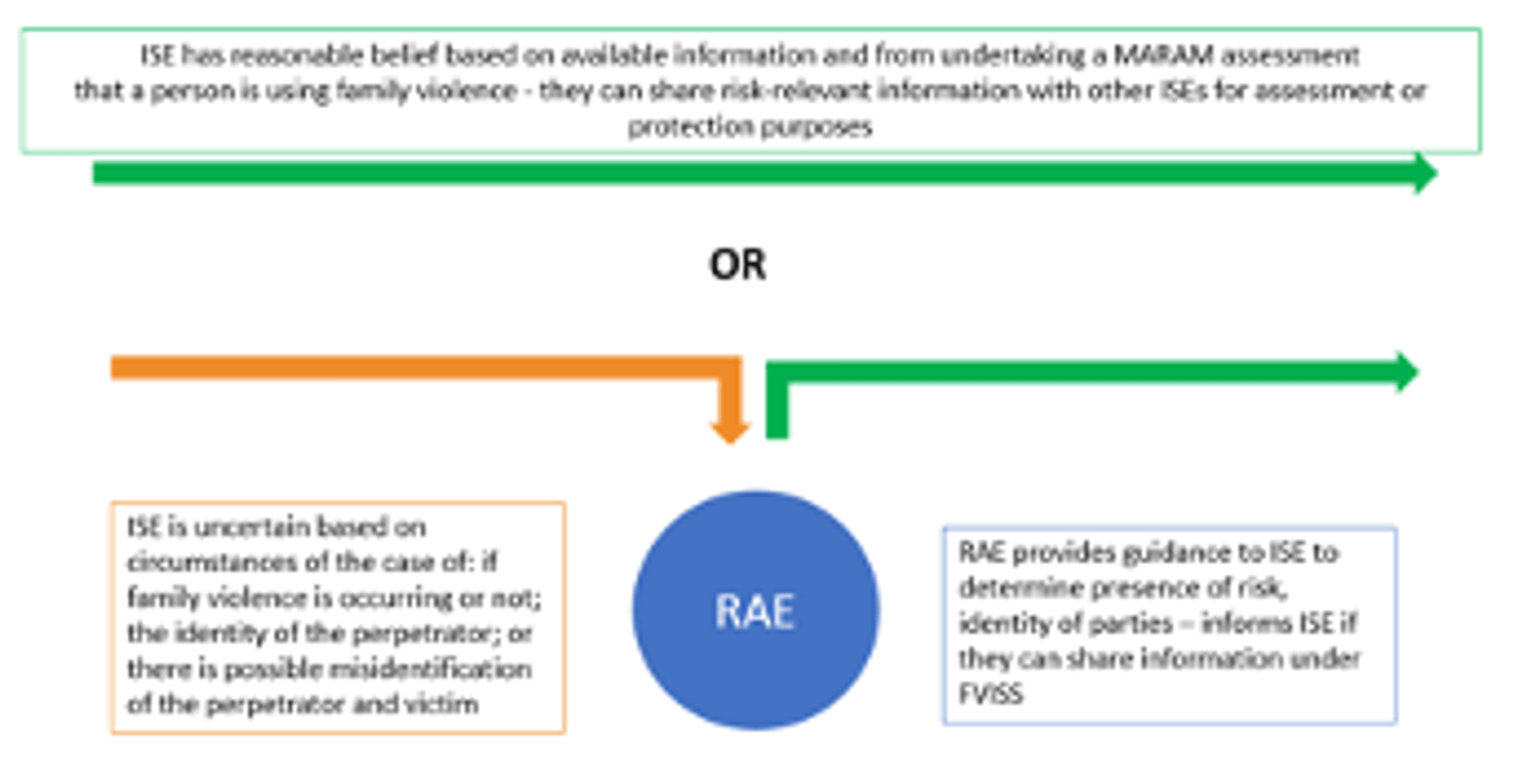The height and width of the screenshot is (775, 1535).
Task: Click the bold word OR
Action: (738, 265)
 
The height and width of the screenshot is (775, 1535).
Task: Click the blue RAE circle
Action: (756, 610)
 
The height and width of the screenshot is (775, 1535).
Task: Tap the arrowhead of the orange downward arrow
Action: (731, 430)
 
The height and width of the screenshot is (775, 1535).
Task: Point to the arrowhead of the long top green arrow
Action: (1423, 174)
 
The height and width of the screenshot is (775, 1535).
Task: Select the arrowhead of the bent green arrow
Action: (1405, 372)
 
